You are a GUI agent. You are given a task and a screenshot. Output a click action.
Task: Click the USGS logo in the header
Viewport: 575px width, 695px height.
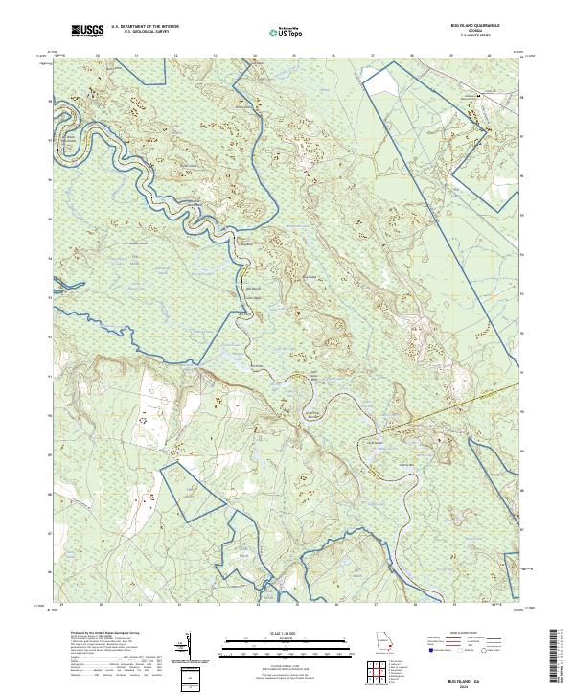[x=87, y=32]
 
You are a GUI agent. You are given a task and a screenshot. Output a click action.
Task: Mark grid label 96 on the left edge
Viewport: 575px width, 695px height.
[x=52, y=177]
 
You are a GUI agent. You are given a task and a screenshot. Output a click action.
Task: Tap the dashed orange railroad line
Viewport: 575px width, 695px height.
[x=450, y=407]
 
